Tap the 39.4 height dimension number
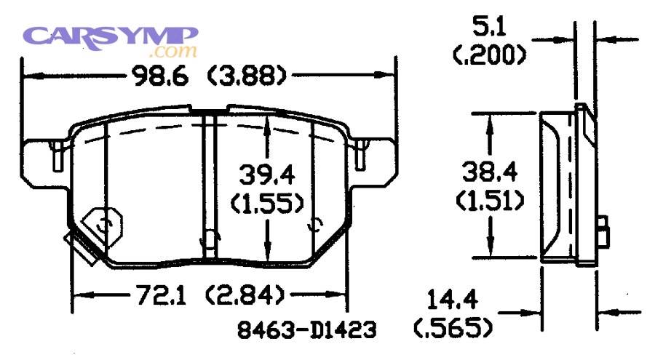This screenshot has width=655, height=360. point(267,175)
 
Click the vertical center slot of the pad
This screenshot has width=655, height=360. point(209,185)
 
